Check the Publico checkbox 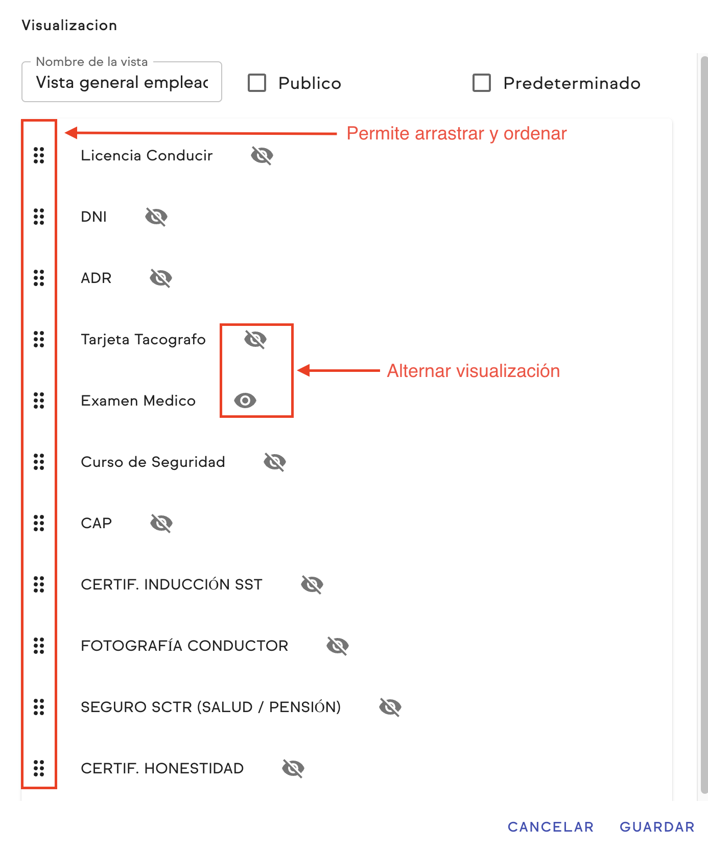click(257, 83)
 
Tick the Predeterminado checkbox click(482, 83)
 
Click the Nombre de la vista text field click(122, 83)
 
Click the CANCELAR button click(551, 827)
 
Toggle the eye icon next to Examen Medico click(245, 400)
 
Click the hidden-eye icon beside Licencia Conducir click(262, 155)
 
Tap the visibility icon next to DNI click(156, 217)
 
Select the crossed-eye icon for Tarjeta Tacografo click(255, 339)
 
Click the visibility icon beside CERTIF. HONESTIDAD click(293, 768)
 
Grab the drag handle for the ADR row click(39, 278)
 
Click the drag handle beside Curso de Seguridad click(39, 462)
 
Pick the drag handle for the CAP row click(39, 523)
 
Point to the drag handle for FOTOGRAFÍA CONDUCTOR click(39, 646)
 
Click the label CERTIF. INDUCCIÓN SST click(172, 584)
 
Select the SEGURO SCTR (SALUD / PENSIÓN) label click(210, 707)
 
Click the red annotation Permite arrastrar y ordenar click(457, 133)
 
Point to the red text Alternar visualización click(474, 371)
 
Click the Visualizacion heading click(69, 26)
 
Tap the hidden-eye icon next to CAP click(161, 523)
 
